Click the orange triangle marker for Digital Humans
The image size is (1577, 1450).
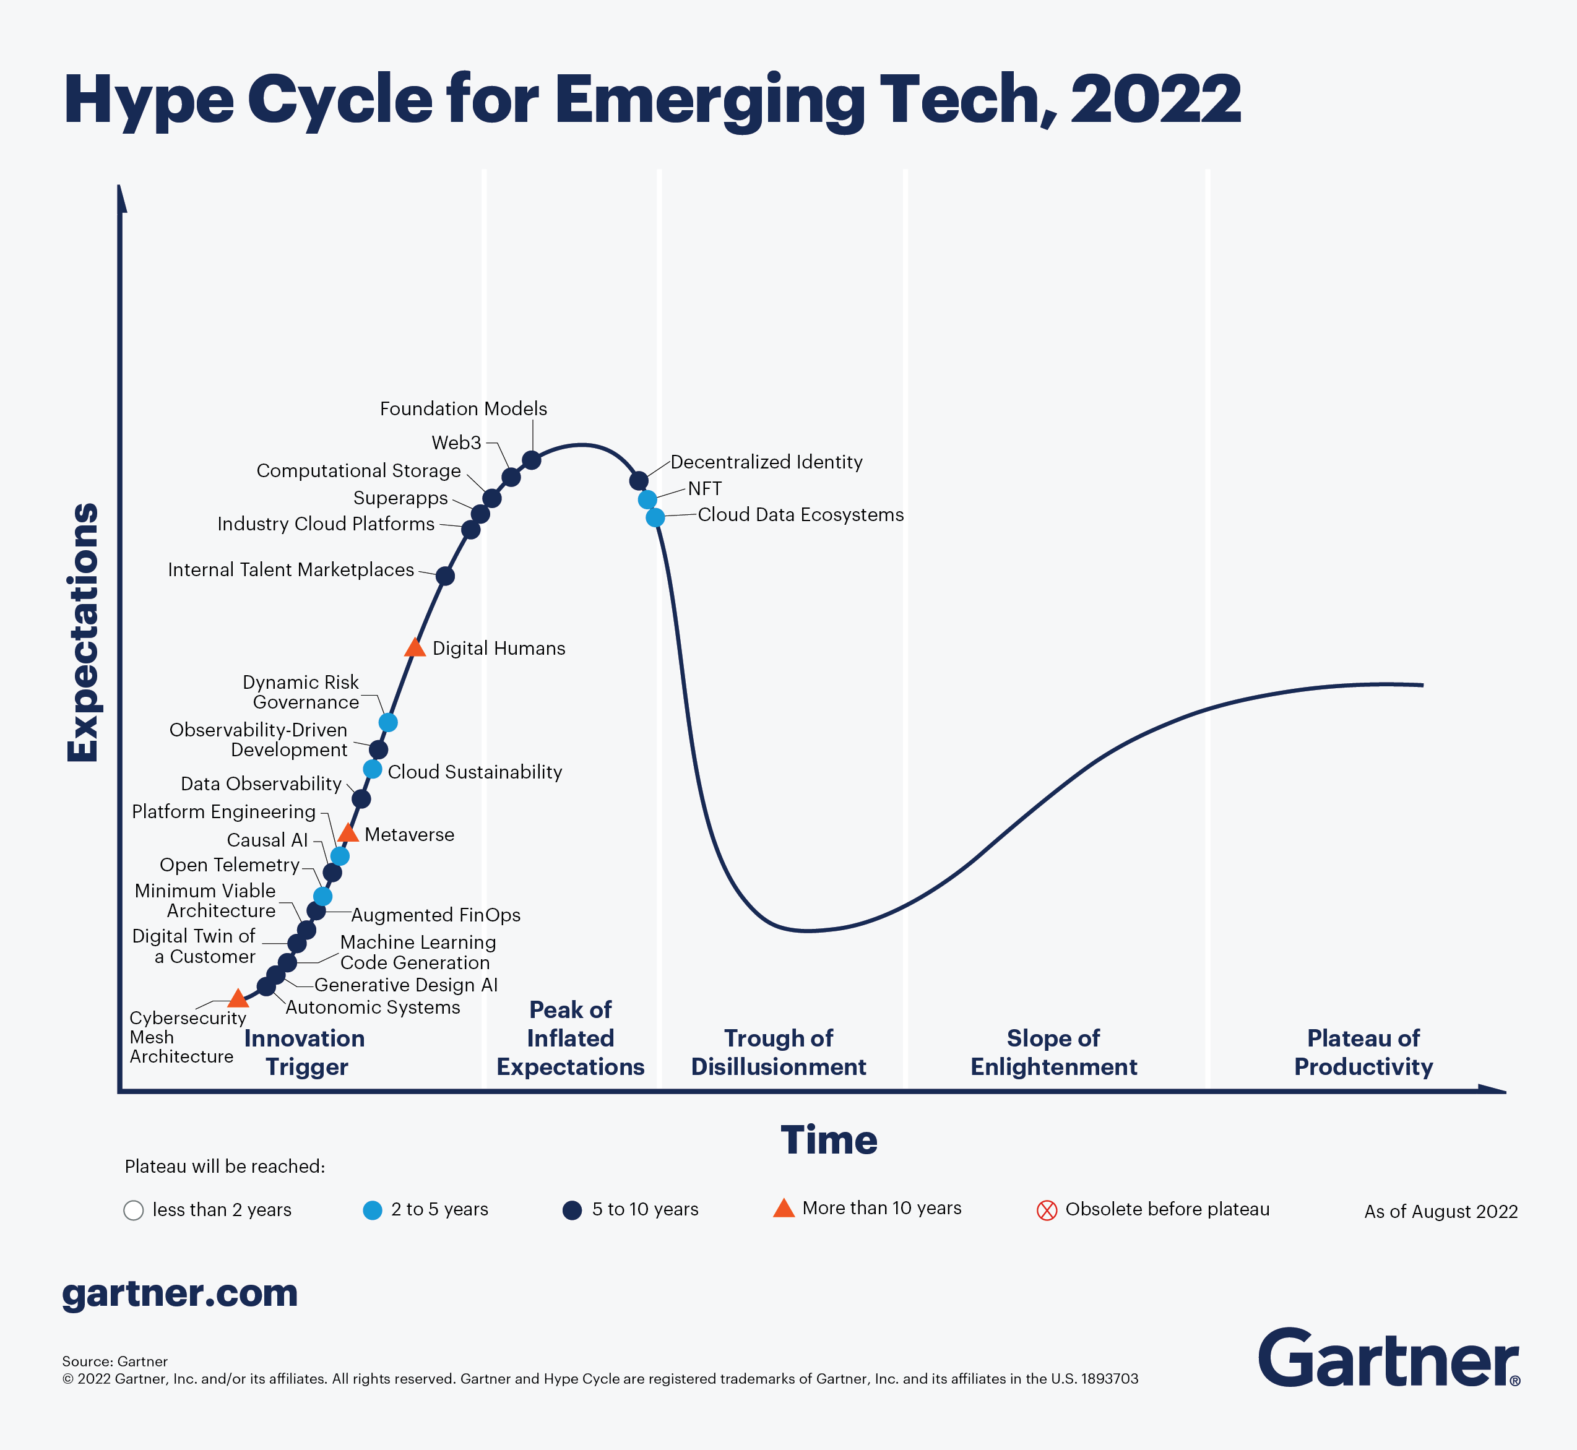click(414, 648)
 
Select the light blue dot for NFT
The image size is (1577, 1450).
click(647, 499)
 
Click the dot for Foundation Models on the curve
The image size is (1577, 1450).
click(531, 460)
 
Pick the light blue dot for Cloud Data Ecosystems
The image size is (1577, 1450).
click(655, 517)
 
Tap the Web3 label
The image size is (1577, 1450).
click(456, 442)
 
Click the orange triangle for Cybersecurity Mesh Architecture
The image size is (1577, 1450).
click(238, 999)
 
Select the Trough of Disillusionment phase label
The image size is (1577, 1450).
click(779, 1052)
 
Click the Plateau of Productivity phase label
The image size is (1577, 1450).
click(1363, 1052)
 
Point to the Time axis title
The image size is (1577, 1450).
click(829, 1140)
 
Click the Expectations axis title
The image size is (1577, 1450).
click(83, 632)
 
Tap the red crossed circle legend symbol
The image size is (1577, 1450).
click(1047, 1210)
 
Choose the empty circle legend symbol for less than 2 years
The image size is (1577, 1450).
click(134, 1210)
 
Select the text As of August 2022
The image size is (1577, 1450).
click(1440, 1212)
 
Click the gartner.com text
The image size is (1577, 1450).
click(179, 1293)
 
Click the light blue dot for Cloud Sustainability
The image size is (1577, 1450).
click(373, 769)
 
